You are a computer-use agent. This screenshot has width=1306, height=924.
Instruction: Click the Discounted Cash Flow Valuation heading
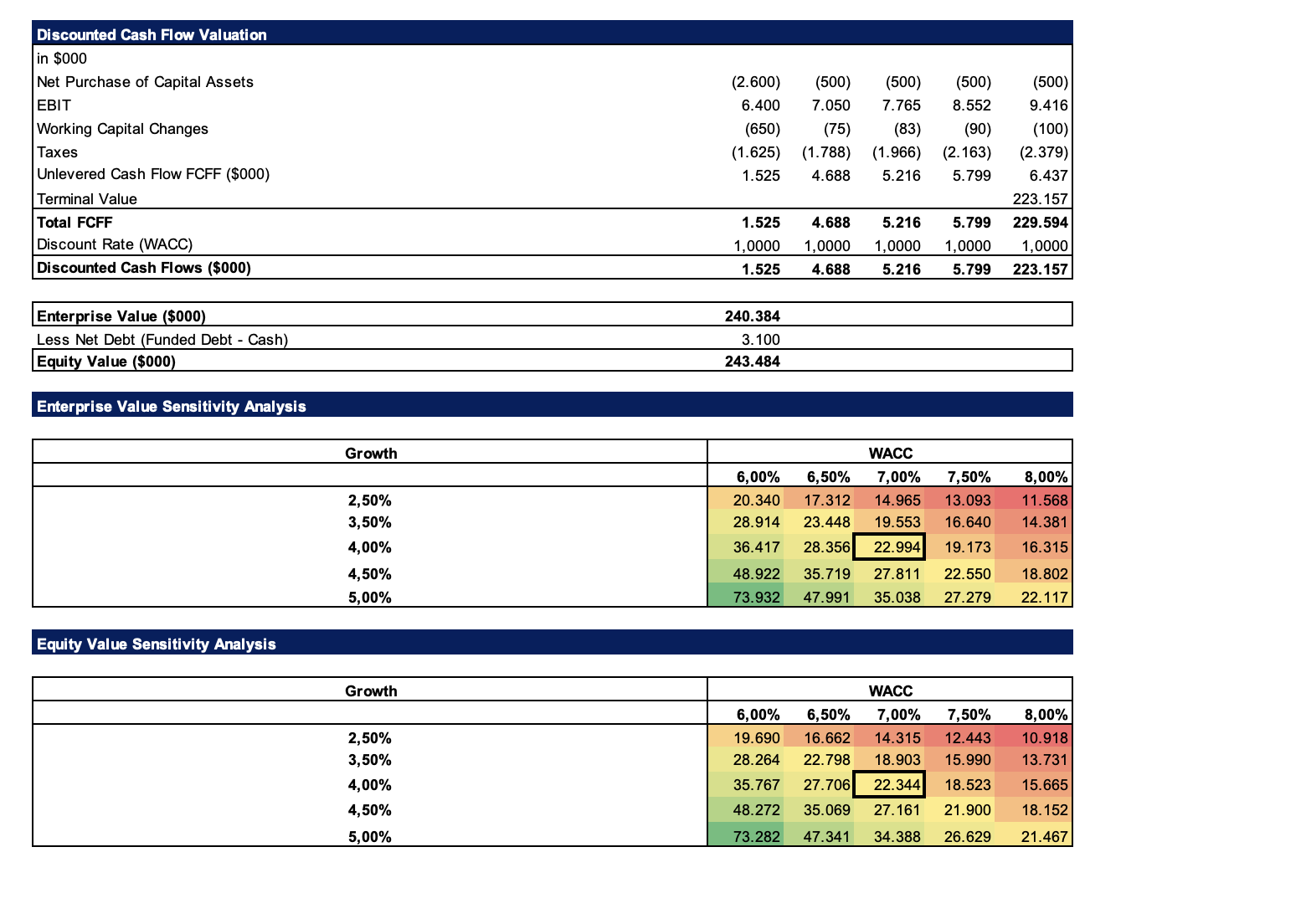coord(152,34)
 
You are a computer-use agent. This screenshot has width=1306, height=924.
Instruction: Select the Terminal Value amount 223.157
coord(1040,199)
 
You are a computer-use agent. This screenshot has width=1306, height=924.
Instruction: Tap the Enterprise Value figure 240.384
coord(752,316)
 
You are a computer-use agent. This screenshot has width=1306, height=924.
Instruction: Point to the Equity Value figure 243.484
coord(752,362)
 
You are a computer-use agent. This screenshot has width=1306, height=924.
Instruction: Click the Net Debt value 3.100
coord(760,339)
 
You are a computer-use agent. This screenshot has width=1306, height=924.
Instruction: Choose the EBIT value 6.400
coord(760,105)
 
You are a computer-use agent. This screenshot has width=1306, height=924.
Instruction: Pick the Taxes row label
coord(57,152)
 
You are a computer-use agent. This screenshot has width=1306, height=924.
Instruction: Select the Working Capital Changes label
coord(122,129)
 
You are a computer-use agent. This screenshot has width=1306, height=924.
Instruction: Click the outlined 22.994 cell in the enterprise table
coord(889,547)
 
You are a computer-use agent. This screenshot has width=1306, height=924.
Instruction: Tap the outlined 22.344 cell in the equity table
coord(889,785)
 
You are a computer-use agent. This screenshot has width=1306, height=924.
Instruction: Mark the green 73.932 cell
coord(746,597)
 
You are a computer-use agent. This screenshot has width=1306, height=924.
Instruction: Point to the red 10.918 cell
coord(1034,737)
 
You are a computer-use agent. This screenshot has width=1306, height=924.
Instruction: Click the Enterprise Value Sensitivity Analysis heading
coord(172,406)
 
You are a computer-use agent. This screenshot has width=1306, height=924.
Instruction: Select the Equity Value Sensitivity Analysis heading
coord(157,644)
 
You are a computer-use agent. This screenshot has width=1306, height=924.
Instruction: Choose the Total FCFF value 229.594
coord(1040,223)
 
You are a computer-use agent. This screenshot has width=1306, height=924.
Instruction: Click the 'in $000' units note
coord(62,59)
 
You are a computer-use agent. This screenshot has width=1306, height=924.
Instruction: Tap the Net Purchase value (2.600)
coord(756,82)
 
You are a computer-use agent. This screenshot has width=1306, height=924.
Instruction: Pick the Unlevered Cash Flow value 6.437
coord(1048,176)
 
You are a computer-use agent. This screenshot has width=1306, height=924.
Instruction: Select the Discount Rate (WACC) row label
coord(115,244)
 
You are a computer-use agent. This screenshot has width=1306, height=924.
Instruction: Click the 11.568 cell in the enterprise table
coord(1034,500)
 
